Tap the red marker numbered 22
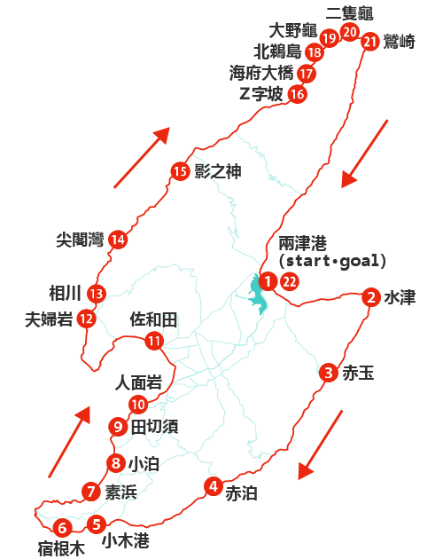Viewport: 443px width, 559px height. [x=289, y=282]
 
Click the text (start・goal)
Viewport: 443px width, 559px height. [x=332, y=261]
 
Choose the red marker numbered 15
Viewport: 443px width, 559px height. [x=180, y=171]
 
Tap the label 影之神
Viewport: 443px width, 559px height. [x=217, y=171]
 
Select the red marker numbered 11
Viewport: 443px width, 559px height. [x=155, y=340]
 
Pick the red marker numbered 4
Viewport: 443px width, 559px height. [x=213, y=485]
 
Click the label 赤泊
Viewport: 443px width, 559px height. [x=240, y=493]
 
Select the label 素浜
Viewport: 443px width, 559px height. [x=120, y=492]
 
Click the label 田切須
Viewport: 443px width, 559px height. [x=154, y=426]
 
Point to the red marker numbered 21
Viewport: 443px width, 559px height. [x=369, y=41]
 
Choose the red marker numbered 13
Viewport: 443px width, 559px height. [x=96, y=294]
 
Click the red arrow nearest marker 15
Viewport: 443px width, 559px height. [x=142, y=157]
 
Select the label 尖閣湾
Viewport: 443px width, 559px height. [x=79, y=240]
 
